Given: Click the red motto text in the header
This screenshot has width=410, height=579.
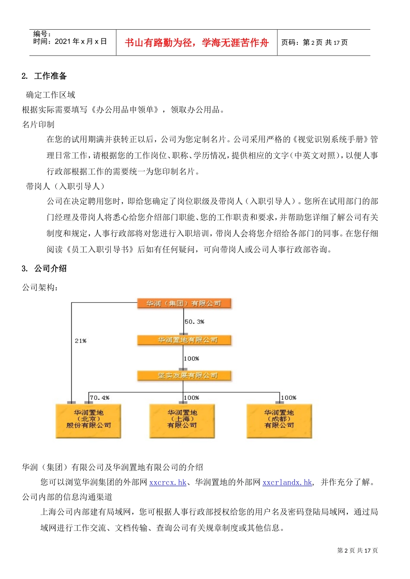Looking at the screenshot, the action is coord(196,43).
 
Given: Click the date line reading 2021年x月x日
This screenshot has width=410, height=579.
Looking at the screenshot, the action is coord(70,41).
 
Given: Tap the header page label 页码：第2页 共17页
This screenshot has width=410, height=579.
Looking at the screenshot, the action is coord(314,42).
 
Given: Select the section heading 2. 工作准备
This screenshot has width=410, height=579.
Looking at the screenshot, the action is coord(44,76).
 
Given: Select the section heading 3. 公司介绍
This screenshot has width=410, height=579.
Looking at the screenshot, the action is coord(44,268).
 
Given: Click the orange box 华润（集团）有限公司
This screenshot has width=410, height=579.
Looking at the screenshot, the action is coord(184,303).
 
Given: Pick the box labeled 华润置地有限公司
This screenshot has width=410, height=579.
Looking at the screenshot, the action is coord(184,340).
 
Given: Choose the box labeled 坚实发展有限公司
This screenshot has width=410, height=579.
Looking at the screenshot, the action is coord(184,376).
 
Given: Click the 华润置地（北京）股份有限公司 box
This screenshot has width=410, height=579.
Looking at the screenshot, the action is coord(88,420).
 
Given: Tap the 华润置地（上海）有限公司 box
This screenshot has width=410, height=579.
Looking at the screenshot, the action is coord(182,420).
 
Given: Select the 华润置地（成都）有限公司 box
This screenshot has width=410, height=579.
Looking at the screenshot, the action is coord(279,420).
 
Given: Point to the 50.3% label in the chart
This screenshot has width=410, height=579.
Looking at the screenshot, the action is coord(195,322).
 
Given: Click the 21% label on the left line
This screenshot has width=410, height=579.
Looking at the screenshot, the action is coord(81,341).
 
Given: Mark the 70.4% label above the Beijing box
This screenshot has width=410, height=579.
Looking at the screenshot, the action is coord(100,398).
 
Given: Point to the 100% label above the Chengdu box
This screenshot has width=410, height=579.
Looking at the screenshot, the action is coord(289,398).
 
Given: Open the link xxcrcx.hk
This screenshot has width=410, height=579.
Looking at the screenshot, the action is coord(168,482).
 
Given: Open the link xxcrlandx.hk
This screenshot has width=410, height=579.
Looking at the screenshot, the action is coord(287,482).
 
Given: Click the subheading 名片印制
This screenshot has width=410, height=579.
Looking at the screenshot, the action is coord(38,125).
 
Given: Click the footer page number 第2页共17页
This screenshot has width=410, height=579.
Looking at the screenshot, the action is coord(357,551).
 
